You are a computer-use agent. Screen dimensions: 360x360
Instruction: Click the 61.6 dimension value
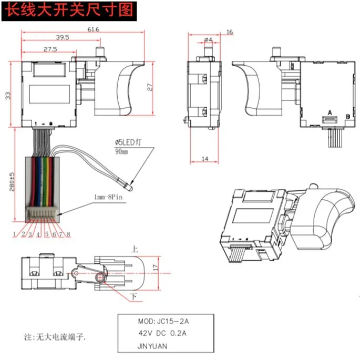point(93,29)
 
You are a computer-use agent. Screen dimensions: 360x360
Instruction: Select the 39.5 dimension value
point(63,37)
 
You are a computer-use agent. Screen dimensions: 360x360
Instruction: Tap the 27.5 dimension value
point(50,48)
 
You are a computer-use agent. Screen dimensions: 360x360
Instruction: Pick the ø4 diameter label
point(208,39)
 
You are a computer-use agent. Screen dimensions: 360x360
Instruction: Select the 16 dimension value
point(229,33)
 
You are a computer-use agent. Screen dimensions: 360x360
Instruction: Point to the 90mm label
point(121,151)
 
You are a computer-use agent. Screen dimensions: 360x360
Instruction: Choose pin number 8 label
point(68,234)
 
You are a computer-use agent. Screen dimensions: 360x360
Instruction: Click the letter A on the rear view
point(329,113)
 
